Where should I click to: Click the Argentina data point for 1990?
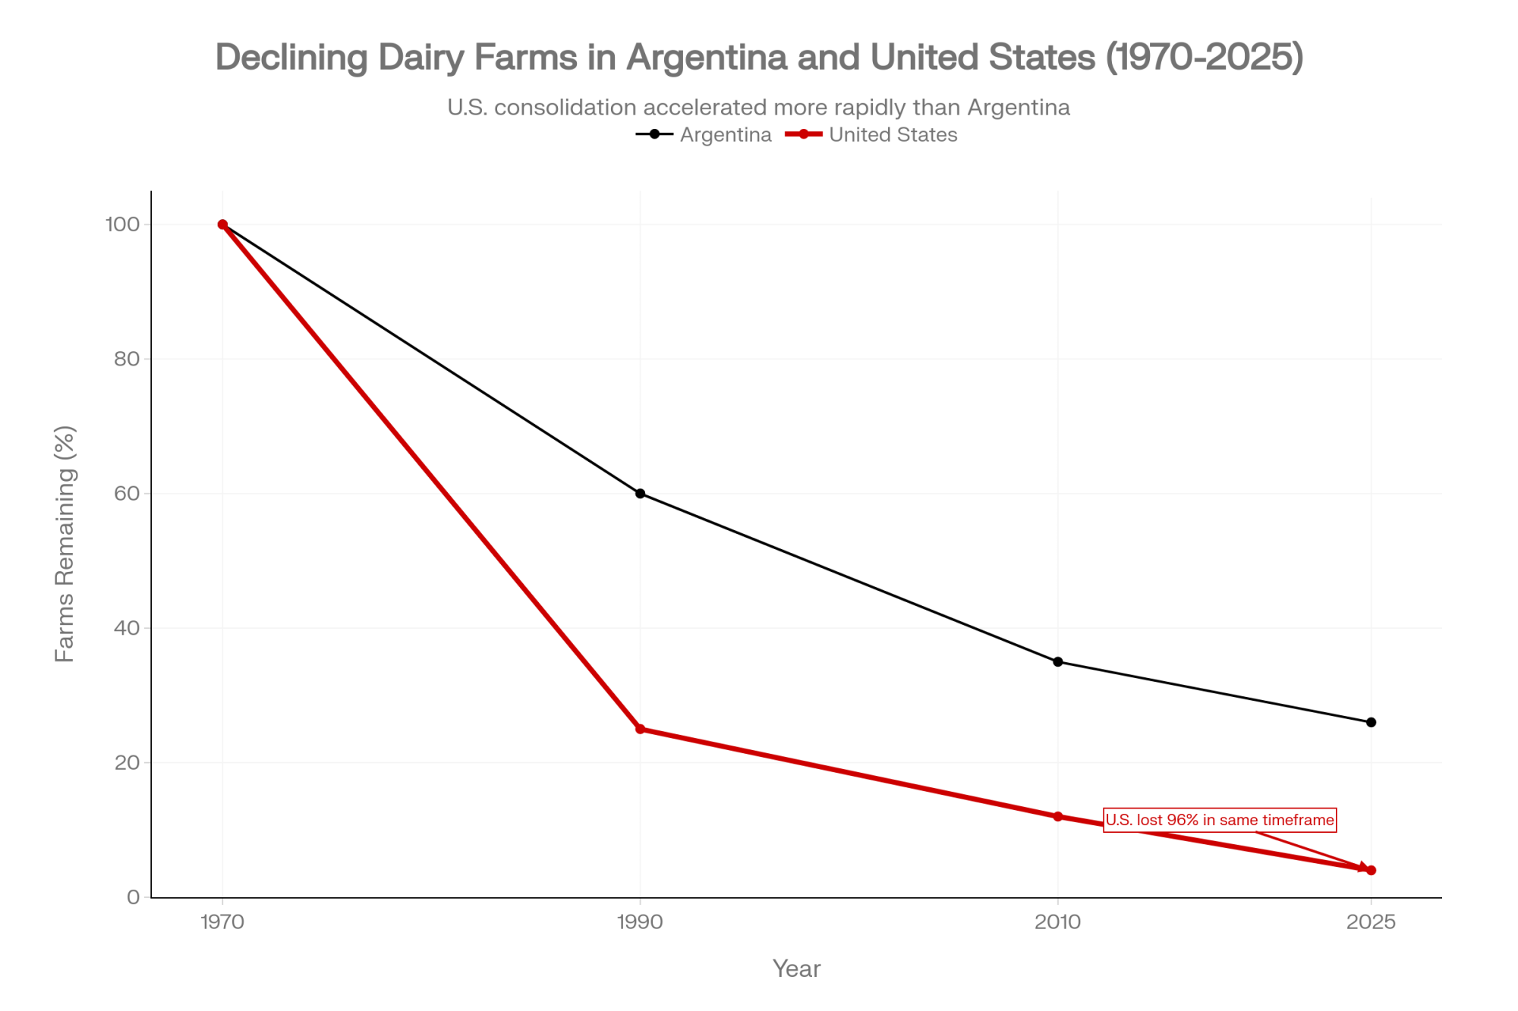point(640,494)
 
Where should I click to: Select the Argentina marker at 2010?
point(1057,662)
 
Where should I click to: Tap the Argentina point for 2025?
point(1371,723)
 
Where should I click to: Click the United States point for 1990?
point(640,729)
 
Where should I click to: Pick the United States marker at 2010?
point(1057,817)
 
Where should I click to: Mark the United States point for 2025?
point(1371,871)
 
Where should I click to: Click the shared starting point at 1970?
point(222,224)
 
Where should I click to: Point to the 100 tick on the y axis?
point(123,224)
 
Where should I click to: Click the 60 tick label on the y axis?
point(127,494)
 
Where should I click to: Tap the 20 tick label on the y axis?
point(127,762)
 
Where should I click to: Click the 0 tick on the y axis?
point(134,897)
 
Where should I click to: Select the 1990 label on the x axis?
point(640,922)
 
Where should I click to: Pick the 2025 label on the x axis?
point(1371,922)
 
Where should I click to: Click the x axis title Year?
point(796,969)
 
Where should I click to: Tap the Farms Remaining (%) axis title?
point(65,544)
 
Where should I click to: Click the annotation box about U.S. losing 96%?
point(1219,820)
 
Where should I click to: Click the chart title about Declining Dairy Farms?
point(759,57)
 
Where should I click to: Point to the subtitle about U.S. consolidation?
point(758,108)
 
